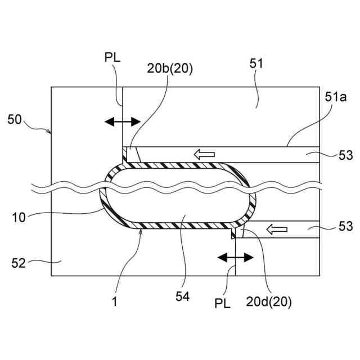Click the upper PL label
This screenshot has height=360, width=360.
coord(111,57)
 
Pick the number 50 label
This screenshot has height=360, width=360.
coord(16,119)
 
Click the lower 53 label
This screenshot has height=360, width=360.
coord(345,227)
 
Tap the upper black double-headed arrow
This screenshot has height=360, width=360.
coord(123,121)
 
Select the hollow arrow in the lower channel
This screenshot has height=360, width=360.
coord(276,229)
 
